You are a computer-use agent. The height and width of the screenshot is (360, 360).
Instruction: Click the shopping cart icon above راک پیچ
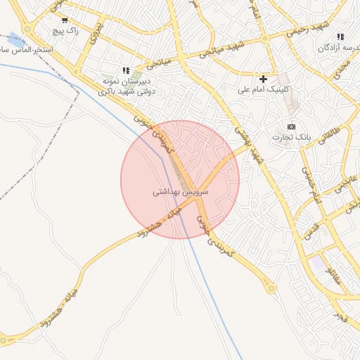(65, 20)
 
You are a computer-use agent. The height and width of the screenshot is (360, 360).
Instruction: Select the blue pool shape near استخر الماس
(13, 40)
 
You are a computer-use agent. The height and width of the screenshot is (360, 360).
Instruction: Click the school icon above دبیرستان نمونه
(126, 70)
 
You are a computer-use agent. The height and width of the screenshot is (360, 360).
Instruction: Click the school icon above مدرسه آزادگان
(340, 37)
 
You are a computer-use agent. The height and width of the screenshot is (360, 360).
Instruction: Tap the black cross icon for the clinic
(264, 79)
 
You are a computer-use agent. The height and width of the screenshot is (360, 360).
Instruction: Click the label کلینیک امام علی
(264, 90)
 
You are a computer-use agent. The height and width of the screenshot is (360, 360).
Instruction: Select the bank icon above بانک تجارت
(290, 126)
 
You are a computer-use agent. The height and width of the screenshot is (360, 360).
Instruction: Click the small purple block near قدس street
(319, 264)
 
